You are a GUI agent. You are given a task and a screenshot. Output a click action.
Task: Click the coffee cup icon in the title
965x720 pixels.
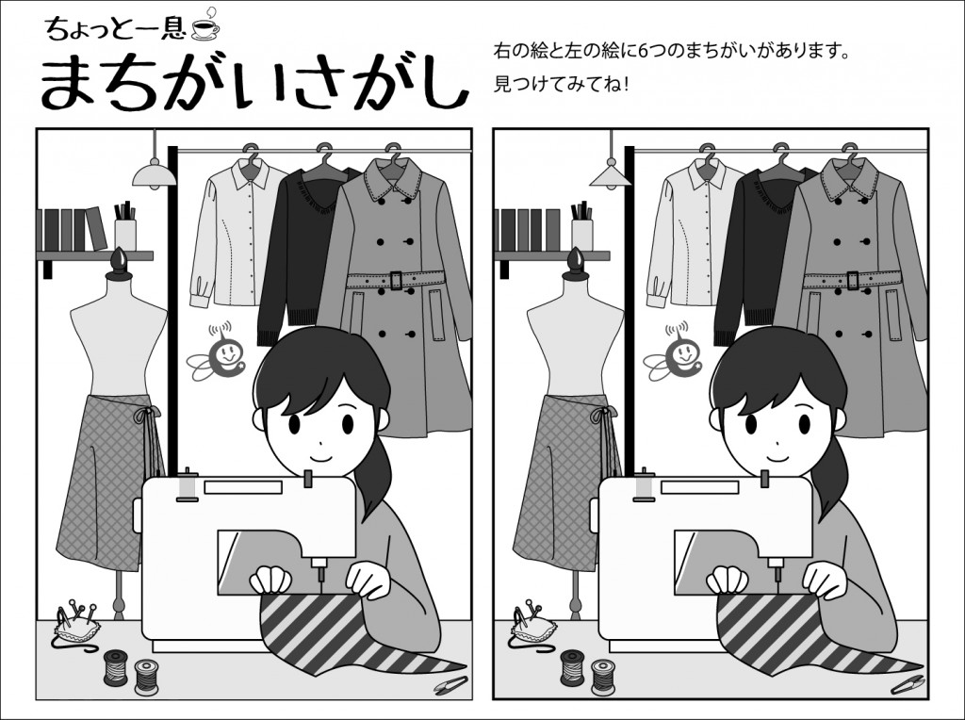point(204,27)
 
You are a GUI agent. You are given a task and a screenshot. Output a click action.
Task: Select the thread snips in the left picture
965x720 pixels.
point(450,685)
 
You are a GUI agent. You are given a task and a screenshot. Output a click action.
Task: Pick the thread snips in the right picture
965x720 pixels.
point(907,685)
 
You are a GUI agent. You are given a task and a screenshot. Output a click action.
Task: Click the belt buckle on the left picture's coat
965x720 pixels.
point(395,281)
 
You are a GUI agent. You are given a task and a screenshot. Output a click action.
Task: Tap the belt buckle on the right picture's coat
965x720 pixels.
point(852,281)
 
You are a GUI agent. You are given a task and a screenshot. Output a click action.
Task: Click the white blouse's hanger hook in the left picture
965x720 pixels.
point(249,151)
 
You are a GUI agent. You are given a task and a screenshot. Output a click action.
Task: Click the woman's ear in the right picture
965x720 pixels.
point(715,419)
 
